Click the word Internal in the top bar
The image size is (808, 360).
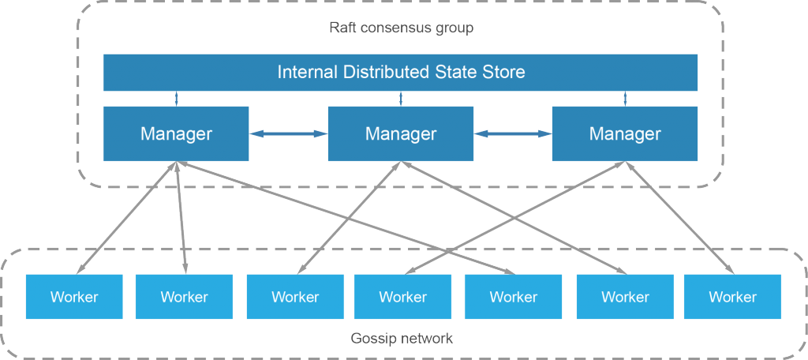coord(307,73)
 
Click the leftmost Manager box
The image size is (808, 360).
coord(176,134)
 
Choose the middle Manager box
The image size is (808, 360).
coord(401,134)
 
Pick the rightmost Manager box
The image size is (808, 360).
coord(625,134)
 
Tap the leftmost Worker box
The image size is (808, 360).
coord(74,297)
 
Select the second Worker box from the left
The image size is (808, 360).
coord(184,297)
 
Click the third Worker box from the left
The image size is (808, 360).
coord(295,297)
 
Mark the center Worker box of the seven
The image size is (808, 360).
coord(402,297)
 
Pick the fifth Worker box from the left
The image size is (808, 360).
coord(513,297)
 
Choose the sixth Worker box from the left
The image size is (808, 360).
coord(625,297)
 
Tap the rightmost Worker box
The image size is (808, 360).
coord(732,297)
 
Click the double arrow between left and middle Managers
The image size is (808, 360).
coord(288,135)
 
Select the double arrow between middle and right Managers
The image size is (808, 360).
coord(513,135)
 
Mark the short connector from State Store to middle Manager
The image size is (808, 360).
coord(401,99)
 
